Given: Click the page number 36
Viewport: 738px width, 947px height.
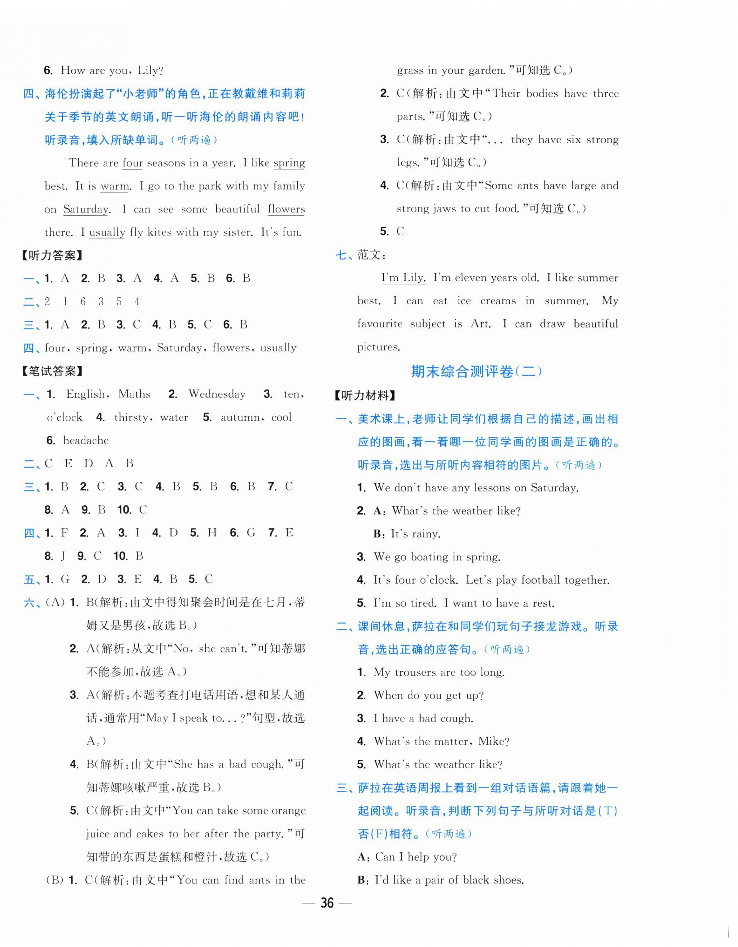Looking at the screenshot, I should coord(327,903).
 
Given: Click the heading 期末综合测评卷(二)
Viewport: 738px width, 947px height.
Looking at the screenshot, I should coord(476,372).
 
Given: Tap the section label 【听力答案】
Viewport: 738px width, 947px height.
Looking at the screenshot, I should coord(52,255).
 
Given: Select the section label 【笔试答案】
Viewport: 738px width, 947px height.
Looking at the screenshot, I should coord(52,371).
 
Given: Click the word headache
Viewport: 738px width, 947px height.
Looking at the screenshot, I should coord(86,441).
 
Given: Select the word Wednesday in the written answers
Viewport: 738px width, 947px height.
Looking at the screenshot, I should coord(217,394).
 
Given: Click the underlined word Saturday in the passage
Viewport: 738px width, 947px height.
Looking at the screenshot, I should coord(86,210).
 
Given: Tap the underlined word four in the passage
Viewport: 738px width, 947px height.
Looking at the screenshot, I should coord(132,163).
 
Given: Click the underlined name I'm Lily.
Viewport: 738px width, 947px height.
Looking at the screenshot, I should coord(404,278).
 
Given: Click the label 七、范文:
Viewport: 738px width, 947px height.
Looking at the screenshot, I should coord(361,255).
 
